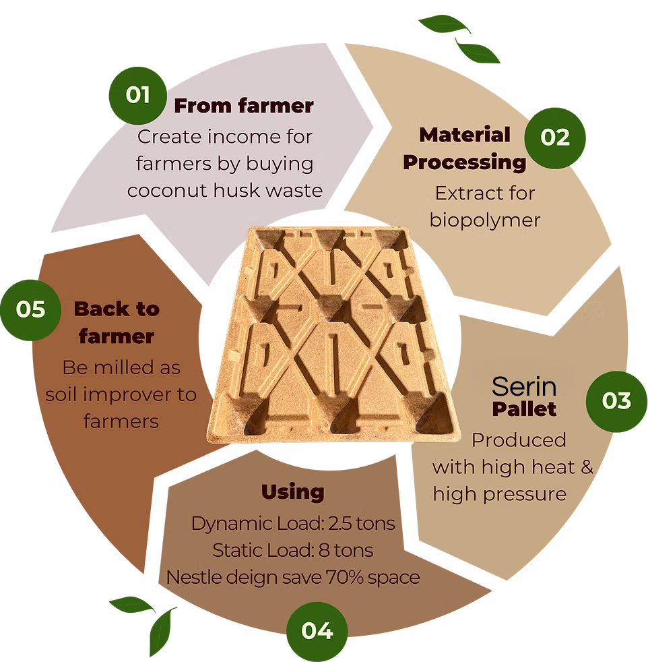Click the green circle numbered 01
point(137,96)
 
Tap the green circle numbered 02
point(555,138)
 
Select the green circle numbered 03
point(616,401)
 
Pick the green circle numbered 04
point(317,632)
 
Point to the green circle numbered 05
point(31,310)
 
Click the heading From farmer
point(244,106)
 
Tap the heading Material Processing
point(465,148)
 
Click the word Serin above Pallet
point(524,387)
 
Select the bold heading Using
point(293,492)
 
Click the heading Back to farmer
point(117,322)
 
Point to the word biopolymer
point(485,220)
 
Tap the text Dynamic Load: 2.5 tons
point(293,524)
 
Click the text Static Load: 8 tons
point(293,551)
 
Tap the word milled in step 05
point(124,367)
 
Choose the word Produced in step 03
point(519,440)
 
